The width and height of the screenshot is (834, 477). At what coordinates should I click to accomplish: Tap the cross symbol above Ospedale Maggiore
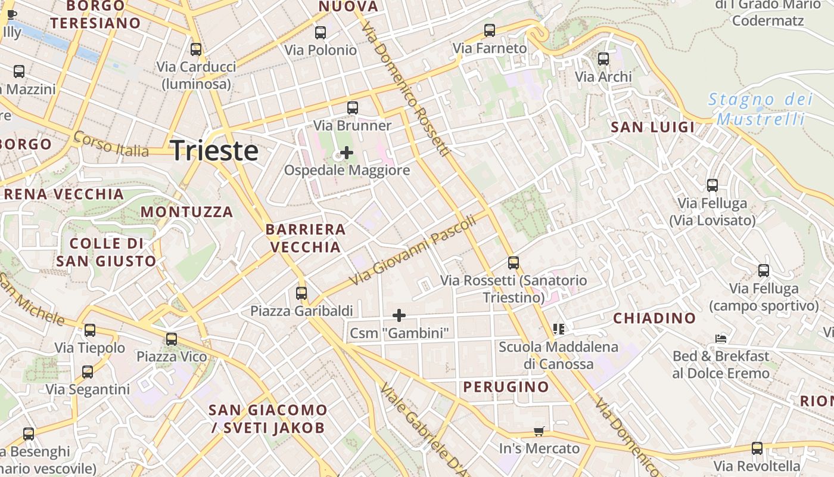346,153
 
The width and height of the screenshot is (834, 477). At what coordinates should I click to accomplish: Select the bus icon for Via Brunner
353,108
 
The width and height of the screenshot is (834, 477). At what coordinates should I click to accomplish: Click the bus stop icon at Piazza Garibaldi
301,293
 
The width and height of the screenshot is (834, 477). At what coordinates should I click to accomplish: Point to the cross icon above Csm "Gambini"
399,315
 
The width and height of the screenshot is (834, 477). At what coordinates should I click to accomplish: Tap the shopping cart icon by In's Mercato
539,431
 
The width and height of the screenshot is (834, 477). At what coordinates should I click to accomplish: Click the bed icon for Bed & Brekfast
721,339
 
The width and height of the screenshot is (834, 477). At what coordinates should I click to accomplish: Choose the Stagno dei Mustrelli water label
760,109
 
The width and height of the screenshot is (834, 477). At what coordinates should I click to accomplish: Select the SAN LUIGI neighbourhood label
653,127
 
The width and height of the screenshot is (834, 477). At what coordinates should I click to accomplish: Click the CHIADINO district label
655,318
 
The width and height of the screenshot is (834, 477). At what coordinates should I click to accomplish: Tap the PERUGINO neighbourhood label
506,387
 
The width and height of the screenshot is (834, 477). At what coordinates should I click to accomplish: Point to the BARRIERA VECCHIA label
306,238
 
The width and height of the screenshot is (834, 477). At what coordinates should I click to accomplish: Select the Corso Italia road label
111,145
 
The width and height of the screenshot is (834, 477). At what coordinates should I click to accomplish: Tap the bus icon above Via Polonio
320,33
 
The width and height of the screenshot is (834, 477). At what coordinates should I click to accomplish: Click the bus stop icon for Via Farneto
490,30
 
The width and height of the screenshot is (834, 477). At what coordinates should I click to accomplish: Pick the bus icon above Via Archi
603,59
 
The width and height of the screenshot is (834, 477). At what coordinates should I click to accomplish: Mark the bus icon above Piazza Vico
172,339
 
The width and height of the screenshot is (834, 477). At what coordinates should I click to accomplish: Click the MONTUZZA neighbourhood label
186,212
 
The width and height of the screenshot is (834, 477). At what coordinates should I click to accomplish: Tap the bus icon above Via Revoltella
757,448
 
